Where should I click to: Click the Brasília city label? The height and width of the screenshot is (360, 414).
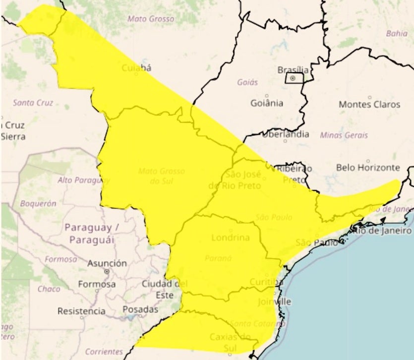point(293,70)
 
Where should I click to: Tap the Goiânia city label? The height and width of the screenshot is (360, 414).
point(267,103)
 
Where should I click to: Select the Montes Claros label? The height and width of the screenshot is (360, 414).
point(369,105)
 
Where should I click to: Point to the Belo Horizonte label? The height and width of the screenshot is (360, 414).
point(368,168)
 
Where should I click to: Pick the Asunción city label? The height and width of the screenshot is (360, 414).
point(107,263)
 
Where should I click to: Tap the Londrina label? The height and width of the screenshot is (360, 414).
point(230,238)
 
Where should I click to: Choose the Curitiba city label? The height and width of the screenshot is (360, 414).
point(267,282)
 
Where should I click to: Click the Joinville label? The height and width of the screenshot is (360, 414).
point(275,301)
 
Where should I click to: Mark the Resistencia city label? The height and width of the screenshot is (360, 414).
point(81,311)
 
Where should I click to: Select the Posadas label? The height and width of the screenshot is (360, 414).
point(140,309)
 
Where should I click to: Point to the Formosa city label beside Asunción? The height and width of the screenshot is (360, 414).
point(97,285)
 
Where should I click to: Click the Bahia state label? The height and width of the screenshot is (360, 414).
point(396,34)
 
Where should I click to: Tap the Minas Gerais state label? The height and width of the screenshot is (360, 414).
point(344,135)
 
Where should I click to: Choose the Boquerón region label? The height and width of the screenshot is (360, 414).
point(38,203)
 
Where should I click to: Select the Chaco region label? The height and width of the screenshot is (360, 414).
point(49,289)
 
